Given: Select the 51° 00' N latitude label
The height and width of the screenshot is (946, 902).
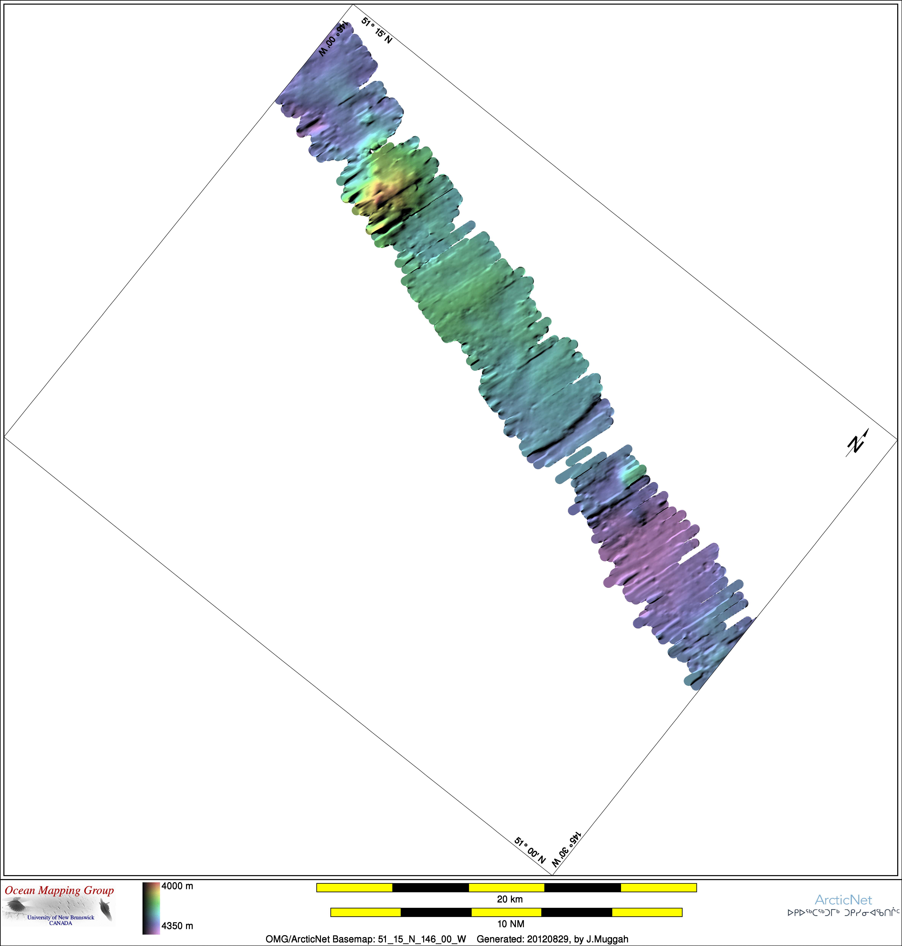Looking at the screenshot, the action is tap(530, 850).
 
